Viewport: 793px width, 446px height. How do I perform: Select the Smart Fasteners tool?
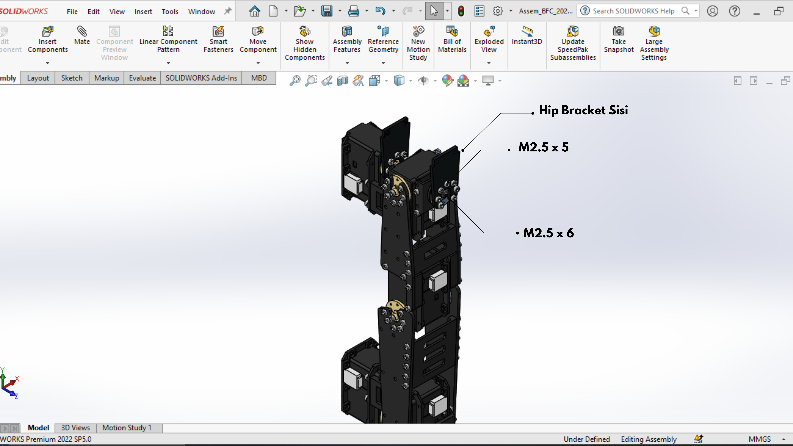218,39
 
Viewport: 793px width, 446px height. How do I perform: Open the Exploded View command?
489,39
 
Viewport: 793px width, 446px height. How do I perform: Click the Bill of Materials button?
452,39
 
